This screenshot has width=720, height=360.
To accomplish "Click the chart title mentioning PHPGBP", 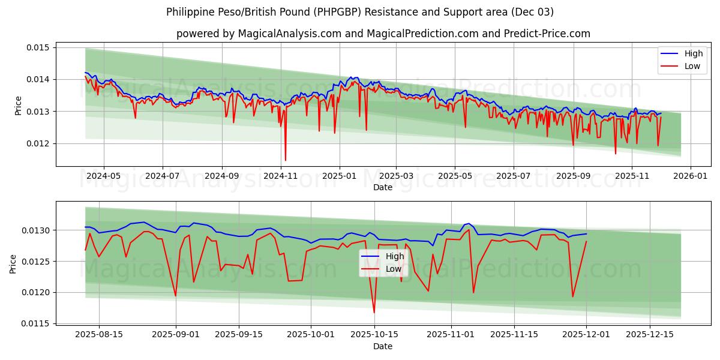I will [x=359, y=12].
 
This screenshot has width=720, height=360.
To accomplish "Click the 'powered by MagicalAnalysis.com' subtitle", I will [x=383, y=34].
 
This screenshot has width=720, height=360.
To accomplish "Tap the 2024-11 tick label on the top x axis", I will [x=281, y=176].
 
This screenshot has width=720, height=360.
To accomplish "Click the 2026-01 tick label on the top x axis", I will [x=690, y=176].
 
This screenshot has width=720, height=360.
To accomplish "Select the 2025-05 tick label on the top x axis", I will [x=454, y=176].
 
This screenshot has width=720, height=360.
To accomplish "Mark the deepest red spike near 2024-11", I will [x=286, y=160].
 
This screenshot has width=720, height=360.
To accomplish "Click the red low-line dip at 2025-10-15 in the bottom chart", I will [x=374, y=312].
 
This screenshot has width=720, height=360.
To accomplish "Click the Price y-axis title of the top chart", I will [x=18, y=106].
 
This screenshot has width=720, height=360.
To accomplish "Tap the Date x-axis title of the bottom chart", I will [x=382, y=346].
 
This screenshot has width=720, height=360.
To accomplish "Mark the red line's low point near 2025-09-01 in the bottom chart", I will [x=175, y=295].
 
